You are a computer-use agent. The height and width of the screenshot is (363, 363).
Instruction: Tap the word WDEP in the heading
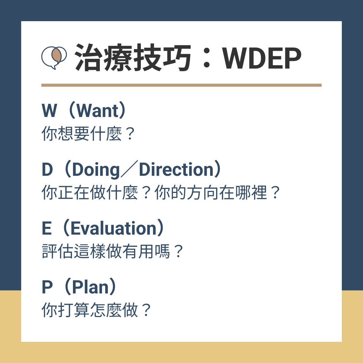click(261, 58)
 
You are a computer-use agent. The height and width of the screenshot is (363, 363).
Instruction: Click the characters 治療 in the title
click(103, 57)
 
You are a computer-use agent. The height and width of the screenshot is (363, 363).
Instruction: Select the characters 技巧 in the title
click(162, 57)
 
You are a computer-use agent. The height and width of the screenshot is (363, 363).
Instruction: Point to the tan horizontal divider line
click(182, 85)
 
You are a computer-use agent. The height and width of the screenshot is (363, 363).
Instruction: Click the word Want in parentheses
click(97, 111)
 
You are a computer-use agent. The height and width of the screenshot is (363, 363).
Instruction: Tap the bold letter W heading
click(49, 111)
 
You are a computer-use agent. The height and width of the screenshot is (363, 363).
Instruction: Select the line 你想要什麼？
click(88, 133)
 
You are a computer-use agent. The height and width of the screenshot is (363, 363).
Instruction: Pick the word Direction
click(176, 169)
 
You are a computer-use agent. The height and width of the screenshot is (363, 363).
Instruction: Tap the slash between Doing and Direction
click(129, 169)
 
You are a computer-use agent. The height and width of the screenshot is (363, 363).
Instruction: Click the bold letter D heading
click(47, 169)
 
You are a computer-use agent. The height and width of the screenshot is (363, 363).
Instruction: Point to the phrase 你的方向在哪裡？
click(217, 192)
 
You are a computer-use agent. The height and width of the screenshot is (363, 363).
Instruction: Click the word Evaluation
click(114, 228)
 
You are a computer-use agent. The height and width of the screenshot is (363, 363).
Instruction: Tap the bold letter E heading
click(46, 228)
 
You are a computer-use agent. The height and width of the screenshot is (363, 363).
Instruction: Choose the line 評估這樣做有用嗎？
click(113, 251)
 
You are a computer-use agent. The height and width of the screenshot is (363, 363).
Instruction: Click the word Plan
click(90, 287)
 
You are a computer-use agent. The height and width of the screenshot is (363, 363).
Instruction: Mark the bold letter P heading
click(47, 287)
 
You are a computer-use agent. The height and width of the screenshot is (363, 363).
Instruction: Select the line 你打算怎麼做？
click(96, 310)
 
